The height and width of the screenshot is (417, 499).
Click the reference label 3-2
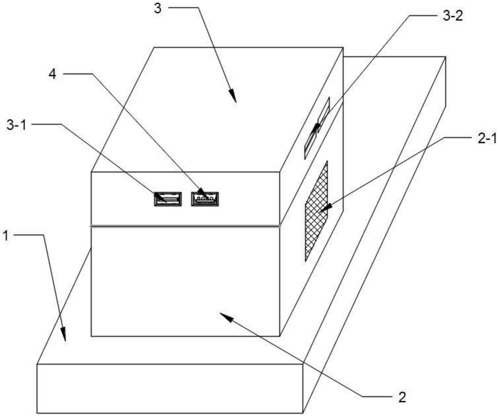(x=453, y=16)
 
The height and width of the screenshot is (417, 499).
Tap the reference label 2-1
(x=487, y=139)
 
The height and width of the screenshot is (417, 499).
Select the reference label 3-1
(x=16, y=125)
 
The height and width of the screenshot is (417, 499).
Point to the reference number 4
(x=53, y=74)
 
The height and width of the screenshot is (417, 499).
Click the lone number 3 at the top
(x=158, y=9)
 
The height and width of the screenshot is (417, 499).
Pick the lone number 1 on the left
(x=6, y=236)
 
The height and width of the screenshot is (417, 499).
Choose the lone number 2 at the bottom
(x=402, y=397)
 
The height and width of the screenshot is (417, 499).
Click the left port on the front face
(x=168, y=199)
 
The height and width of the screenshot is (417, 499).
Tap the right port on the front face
(x=205, y=199)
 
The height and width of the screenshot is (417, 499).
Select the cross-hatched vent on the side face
(x=316, y=211)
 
